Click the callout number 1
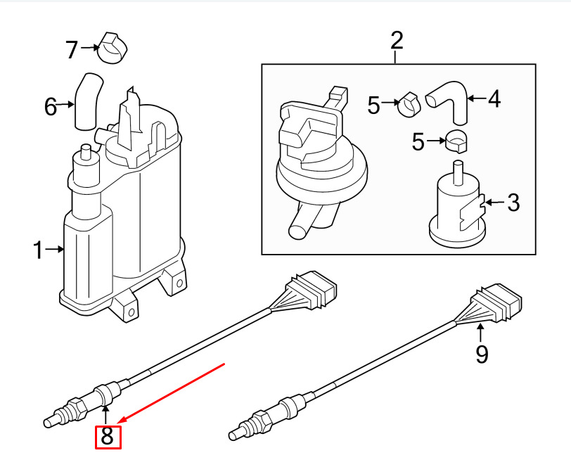(x=37, y=250)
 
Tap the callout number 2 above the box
(x=397, y=41)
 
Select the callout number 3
(x=513, y=203)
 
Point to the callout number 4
(x=494, y=98)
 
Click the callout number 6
(x=51, y=107)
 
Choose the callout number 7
(x=72, y=49)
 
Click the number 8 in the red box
(x=108, y=436)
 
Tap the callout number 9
(x=482, y=354)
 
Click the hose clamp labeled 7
(x=113, y=48)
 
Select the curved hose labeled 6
(x=88, y=101)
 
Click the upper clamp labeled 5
(x=410, y=104)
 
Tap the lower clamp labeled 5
(x=456, y=141)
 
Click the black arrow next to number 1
(x=55, y=250)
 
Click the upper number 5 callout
(x=373, y=106)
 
